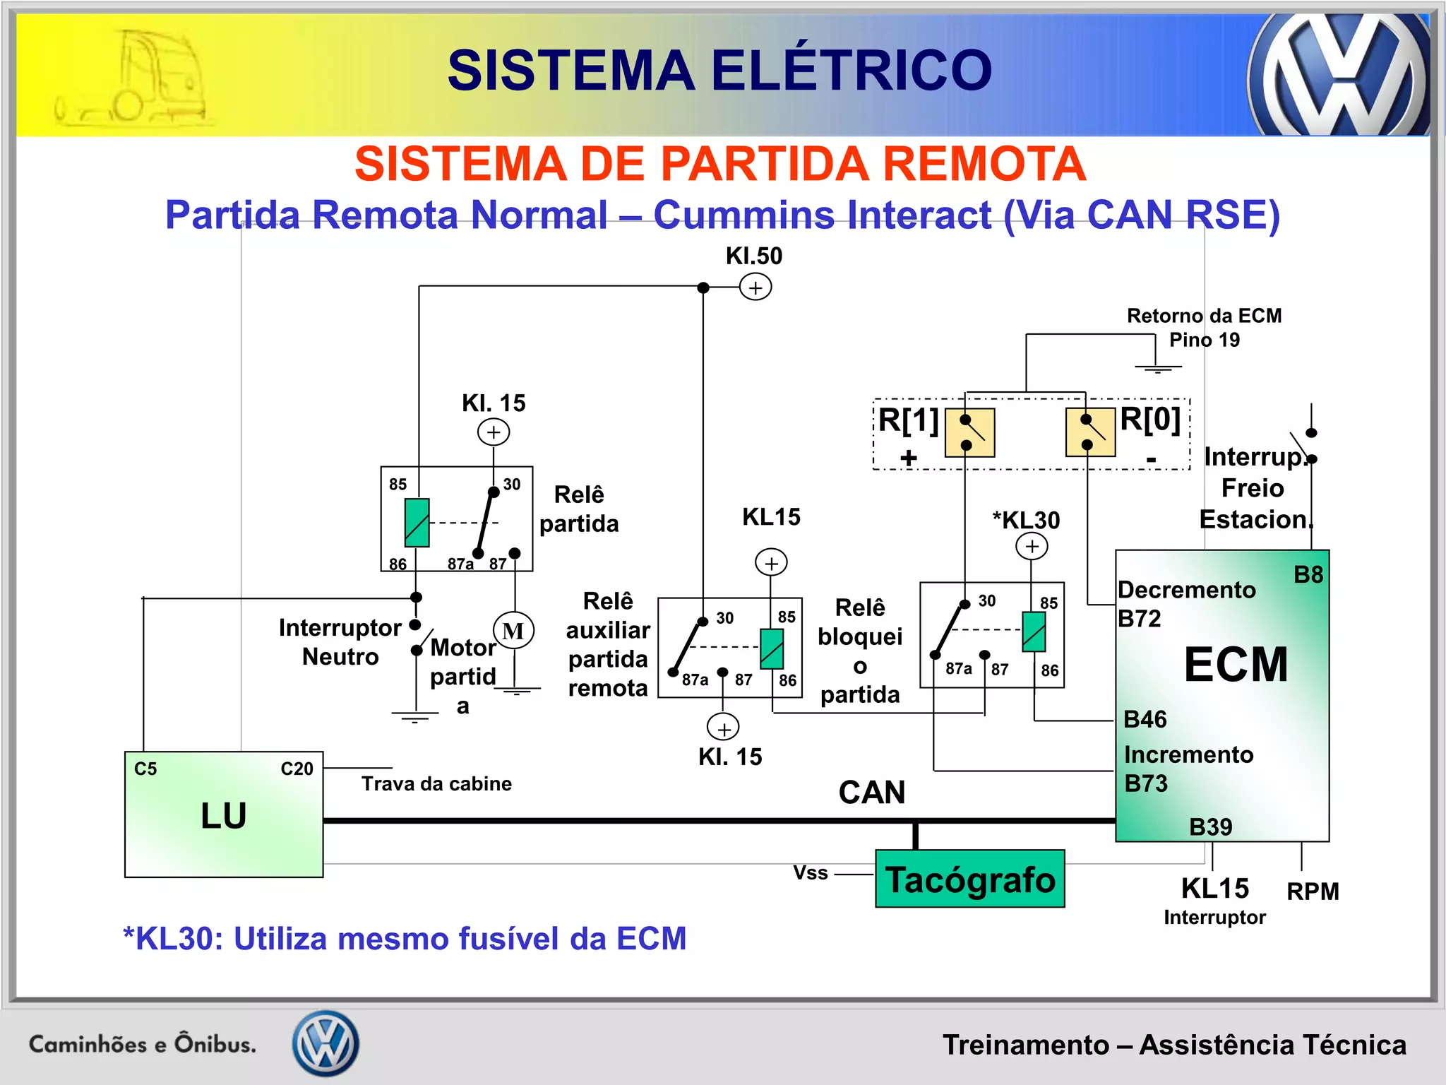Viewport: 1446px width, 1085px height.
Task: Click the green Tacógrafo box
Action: coord(969,879)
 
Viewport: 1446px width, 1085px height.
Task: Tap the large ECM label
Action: coord(1236,665)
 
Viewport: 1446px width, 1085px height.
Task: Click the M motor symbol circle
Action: coord(513,631)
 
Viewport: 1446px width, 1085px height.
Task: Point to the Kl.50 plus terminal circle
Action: coord(755,287)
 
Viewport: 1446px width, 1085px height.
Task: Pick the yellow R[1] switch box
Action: coord(970,432)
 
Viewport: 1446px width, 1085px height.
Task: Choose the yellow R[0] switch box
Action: coord(1091,432)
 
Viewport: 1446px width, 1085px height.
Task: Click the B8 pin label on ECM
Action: coord(1308,575)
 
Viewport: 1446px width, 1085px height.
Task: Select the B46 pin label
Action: coord(1145,719)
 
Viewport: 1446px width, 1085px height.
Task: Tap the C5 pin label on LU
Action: coord(145,769)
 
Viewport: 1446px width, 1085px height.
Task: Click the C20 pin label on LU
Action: coord(297,769)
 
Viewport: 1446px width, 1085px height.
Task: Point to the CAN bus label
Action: coord(872,793)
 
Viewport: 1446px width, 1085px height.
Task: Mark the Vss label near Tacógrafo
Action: coord(811,873)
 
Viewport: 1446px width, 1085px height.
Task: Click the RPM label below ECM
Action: coord(1313,891)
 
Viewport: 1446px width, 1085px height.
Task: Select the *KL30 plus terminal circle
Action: coord(1032,546)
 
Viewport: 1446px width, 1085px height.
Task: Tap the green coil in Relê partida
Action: coord(417,523)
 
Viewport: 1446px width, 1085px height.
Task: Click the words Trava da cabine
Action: coord(436,784)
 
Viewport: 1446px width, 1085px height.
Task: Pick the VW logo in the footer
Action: coord(326,1043)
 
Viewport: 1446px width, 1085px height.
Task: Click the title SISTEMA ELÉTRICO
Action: coord(720,71)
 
